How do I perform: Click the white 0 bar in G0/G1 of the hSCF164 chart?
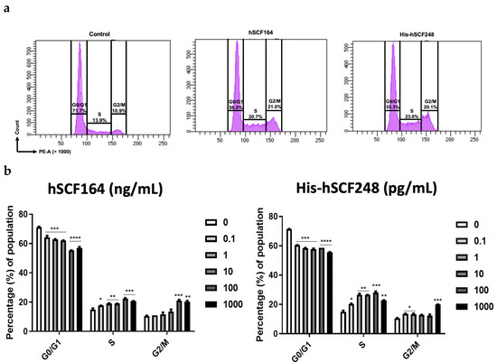39,279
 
